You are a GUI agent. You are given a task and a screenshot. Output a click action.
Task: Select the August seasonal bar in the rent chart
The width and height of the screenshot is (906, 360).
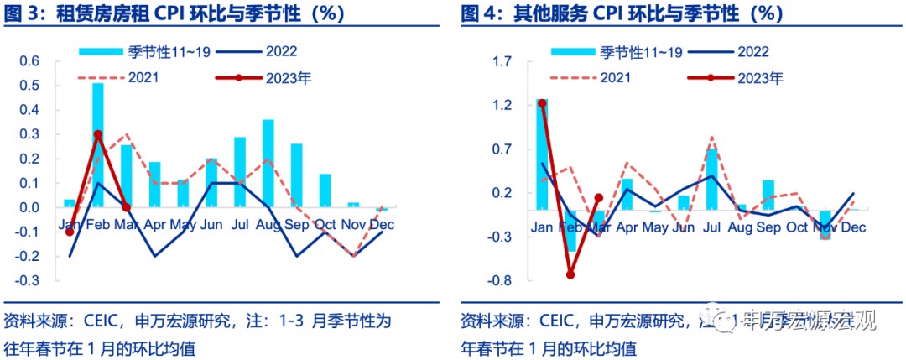click(x=268, y=163)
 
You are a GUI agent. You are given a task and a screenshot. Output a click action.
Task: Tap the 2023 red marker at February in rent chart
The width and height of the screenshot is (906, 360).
click(x=98, y=134)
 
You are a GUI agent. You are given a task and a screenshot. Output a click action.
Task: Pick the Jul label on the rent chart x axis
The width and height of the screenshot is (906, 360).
click(x=240, y=225)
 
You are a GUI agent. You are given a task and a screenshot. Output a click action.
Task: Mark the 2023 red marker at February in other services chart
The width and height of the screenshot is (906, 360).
click(x=570, y=274)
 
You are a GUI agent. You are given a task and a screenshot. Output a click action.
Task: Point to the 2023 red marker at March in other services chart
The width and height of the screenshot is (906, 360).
click(x=599, y=198)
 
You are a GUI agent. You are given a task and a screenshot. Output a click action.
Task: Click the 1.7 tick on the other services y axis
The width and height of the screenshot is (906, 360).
click(x=503, y=61)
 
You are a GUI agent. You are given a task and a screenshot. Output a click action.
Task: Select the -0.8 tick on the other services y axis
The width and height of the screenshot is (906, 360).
click(x=502, y=280)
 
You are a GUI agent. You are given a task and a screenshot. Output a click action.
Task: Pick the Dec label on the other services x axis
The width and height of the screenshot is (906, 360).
click(x=853, y=227)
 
